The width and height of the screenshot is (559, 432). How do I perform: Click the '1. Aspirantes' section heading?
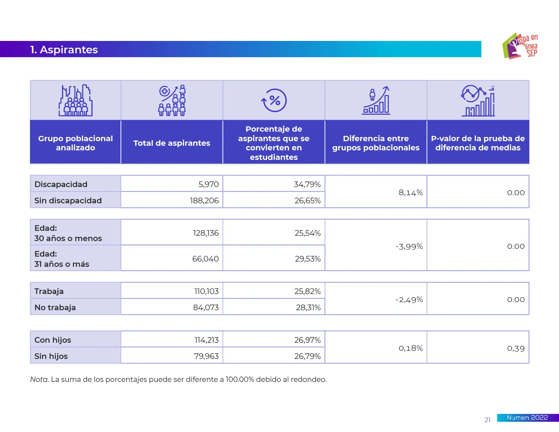[x=64, y=50]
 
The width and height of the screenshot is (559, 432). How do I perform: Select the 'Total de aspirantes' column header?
[x=172, y=143]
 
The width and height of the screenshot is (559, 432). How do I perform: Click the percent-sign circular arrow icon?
[x=274, y=100]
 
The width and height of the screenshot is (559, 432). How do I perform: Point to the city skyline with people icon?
[x=76, y=101]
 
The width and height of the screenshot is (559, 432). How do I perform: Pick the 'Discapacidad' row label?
[x=61, y=184]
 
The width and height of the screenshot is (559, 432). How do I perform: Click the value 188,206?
[x=204, y=200]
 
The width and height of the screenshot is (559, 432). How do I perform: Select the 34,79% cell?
[x=307, y=184]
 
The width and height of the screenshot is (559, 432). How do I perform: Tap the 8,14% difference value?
[x=410, y=192]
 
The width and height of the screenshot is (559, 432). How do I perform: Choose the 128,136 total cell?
[x=206, y=233]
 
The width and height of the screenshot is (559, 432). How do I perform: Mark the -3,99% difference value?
[x=409, y=246]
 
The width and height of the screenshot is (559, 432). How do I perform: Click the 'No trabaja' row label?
[x=55, y=307]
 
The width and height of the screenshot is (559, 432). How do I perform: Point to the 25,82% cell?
[x=307, y=291]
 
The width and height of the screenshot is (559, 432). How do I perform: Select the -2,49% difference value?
[x=409, y=300]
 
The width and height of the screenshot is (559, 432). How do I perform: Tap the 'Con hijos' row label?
[x=53, y=340]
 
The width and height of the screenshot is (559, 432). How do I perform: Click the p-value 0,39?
[x=516, y=348]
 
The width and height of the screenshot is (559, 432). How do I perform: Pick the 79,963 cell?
[x=206, y=356]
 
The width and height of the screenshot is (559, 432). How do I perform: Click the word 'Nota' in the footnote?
[x=39, y=379]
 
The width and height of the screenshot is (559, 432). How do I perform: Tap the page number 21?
[x=487, y=420]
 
